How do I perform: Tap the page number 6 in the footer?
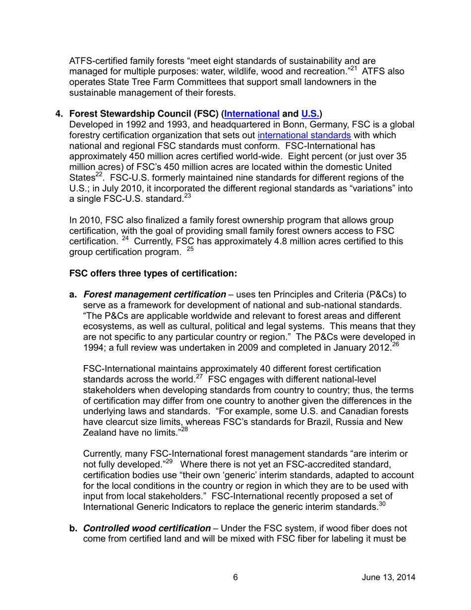(x=235, y=577)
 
